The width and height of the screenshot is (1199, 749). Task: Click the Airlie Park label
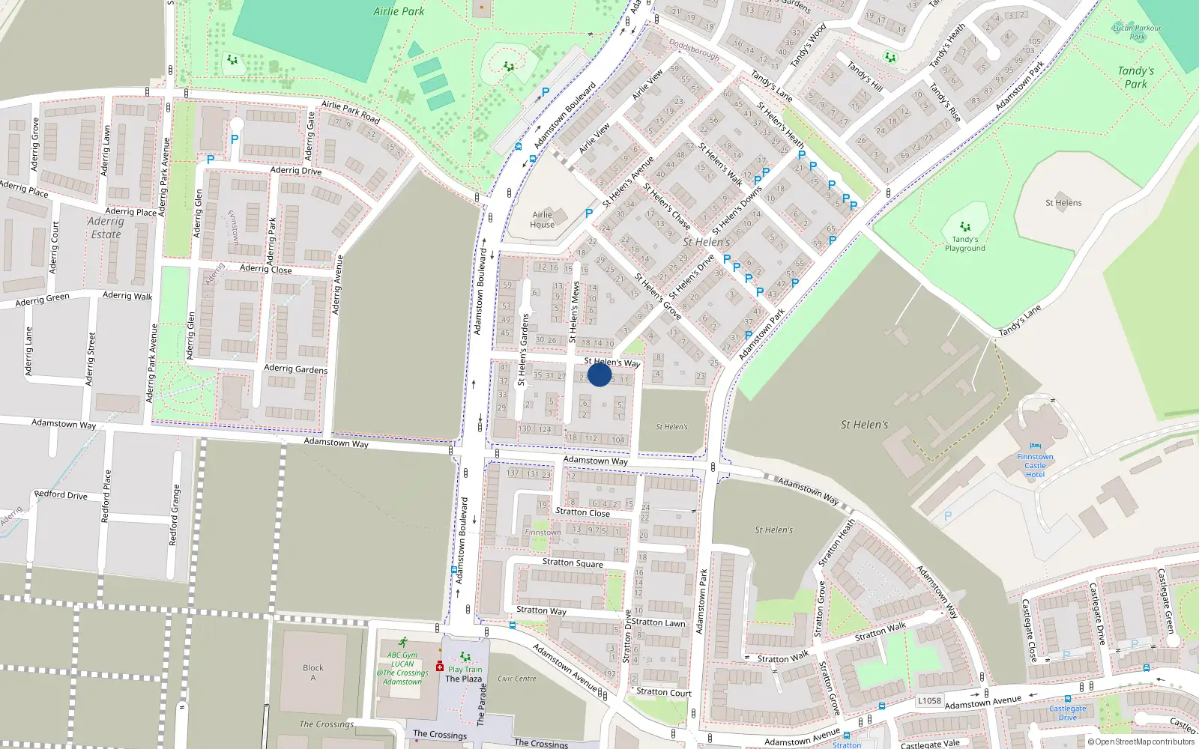[399, 11]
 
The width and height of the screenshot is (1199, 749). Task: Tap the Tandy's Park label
[1135, 77]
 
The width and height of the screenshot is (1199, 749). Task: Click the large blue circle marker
[599, 374]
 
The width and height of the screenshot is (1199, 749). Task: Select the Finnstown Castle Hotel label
[1035, 465]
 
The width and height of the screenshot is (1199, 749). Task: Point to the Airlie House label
[542, 219]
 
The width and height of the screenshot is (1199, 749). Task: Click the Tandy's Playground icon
[965, 226]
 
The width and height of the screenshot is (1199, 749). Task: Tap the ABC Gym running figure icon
[403, 642]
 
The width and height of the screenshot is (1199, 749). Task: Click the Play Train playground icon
[465, 657]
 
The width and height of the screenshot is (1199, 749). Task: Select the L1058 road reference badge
[929, 701]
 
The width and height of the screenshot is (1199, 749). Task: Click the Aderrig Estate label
[106, 228]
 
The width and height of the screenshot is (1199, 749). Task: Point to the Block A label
[313, 673]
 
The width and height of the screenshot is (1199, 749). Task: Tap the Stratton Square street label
[573, 562]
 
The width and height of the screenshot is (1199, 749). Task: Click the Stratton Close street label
[582, 512]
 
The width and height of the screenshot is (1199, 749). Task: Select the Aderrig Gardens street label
[295, 369]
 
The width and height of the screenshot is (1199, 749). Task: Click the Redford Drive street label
[61, 495]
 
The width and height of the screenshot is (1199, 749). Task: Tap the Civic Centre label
[517, 679]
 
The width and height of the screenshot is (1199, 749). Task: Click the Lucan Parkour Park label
[1137, 32]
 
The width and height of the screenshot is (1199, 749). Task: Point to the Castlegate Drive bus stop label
[1067, 712]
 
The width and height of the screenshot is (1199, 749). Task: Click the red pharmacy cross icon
[440, 666]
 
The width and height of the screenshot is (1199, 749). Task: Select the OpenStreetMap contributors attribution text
[1141, 742]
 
